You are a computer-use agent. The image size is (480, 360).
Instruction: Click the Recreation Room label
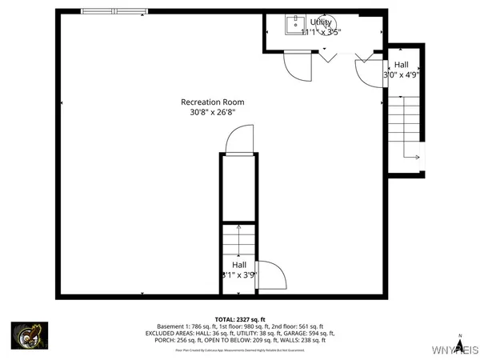[x=212, y=102]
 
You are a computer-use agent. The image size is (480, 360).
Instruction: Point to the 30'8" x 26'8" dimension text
[x=212, y=113]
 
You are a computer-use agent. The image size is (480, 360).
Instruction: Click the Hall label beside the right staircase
[x=402, y=64]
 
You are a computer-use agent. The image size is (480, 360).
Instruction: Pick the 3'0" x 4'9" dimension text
[x=402, y=75]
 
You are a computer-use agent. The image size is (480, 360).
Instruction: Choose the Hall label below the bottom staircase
[x=239, y=265]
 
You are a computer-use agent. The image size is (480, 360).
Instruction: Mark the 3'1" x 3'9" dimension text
[x=238, y=275]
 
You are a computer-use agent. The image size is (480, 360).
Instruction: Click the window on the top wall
[x=114, y=10]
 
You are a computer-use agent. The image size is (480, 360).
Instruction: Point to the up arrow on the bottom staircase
[x=238, y=233]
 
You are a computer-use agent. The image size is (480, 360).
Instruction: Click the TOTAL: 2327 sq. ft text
[x=239, y=319]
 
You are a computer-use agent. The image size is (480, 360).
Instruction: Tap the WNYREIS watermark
[x=456, y=350]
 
